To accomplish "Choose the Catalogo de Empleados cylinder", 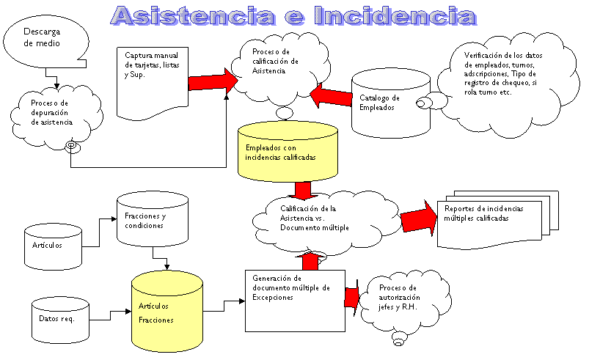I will point(389,103).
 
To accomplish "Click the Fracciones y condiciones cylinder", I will point(152,220).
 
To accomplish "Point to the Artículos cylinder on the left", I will point(54,245).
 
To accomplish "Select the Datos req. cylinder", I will point(59,318).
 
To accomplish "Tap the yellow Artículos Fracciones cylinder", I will point(167,312).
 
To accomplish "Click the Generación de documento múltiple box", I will point(293,299).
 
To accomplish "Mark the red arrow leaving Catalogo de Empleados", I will point(331,97).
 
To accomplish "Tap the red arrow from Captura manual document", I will point(209,81).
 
